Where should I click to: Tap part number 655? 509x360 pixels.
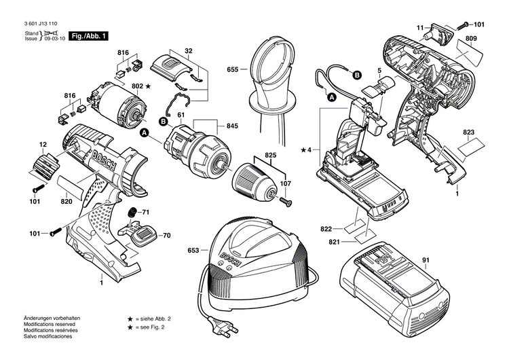pyautogui.click(x=233, y=69)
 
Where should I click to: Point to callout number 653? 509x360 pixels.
pyautogui.click(x=193, y=251)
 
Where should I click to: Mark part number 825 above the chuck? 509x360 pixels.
pyautogui.click(x=271, y=156)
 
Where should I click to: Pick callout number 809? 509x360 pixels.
pyautogui.click(x=470, y=40)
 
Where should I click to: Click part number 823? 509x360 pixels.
pyautogui.click(x=469, y=132)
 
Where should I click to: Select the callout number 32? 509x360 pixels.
pyautogui.click(x=188, y=50)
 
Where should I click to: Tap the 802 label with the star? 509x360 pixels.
pyautogui.click(x=141, y=87)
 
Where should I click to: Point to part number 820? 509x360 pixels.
pyautogui.click(x=67, y=201)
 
